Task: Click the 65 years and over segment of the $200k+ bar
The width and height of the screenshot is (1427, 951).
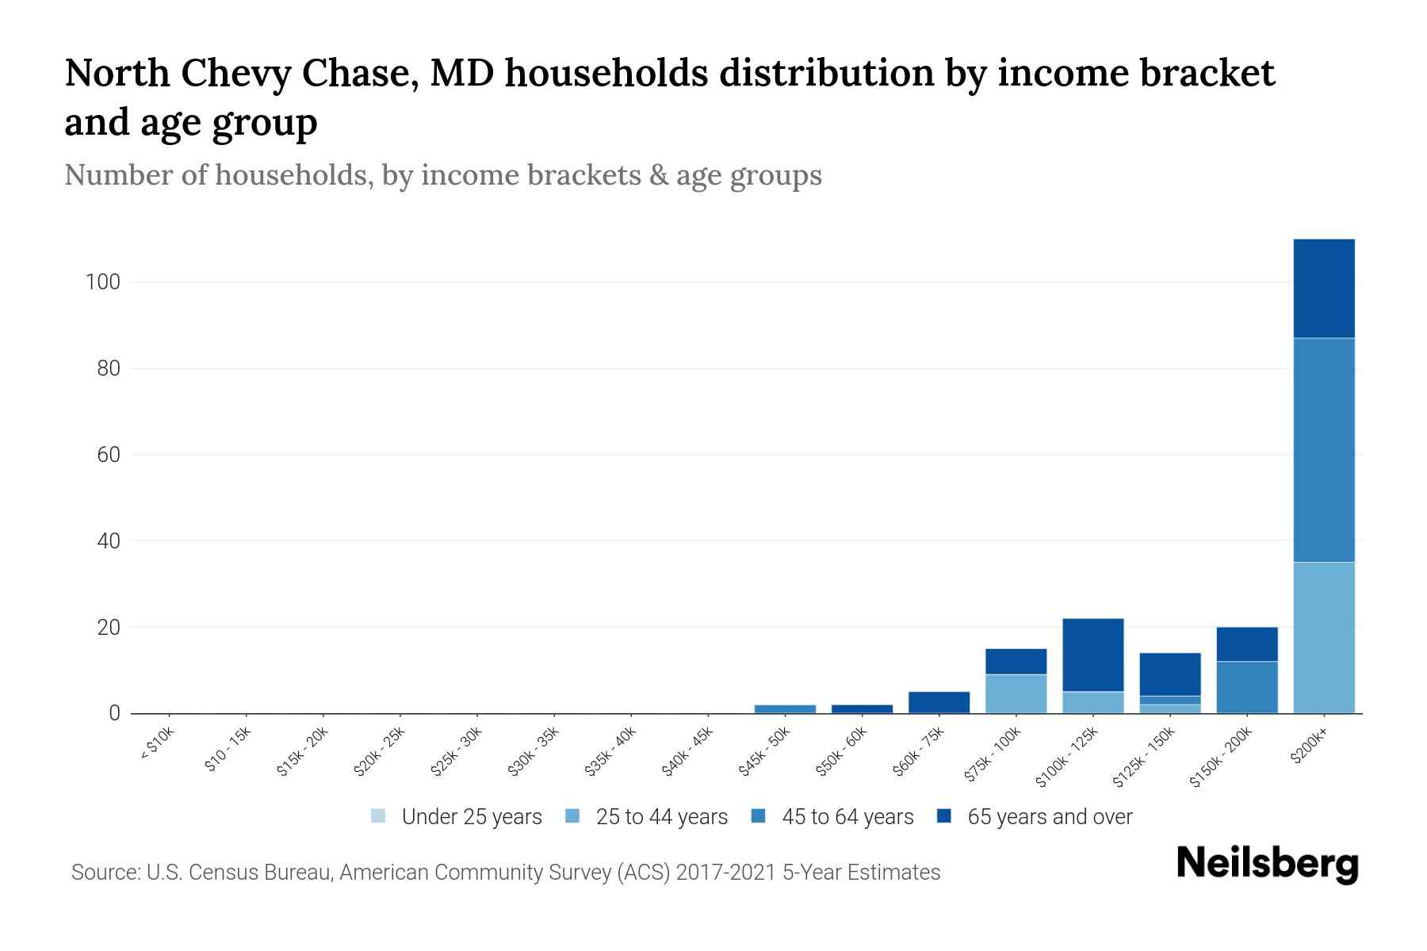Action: click(x=1323, y=288)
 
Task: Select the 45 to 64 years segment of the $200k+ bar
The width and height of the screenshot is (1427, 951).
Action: click(x=1323, y=450)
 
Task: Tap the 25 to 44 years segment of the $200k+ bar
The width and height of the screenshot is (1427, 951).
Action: click(x=1323, y=638)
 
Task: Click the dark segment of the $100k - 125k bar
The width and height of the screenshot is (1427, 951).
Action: click(x=1092, y=655)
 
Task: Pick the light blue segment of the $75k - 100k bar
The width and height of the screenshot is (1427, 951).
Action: click(x=1016, y=693)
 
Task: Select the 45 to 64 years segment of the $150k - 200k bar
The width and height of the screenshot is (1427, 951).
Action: click(x=1246, y=687)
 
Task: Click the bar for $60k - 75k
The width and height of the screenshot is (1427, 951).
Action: click(x=939, y=702)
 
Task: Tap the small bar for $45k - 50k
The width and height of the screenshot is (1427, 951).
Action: click(x=785, y=708)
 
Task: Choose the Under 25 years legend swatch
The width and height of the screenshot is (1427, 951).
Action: click(x=378, y=816)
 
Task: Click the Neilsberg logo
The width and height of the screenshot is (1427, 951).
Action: click(x=1267, y=864)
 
